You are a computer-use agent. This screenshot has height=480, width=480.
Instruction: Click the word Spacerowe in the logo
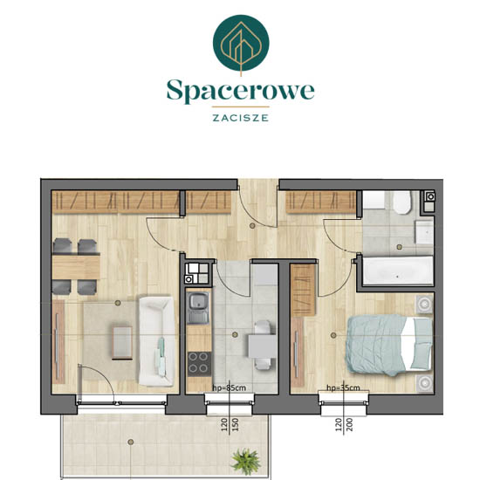click(x=240, y=91)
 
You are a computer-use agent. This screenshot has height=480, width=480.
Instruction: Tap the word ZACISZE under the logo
click(x=241, y=118)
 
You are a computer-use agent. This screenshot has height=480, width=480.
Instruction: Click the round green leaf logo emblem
click(x=241, y=43)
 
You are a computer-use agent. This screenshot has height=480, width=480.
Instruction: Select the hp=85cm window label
click(x=230, y=387)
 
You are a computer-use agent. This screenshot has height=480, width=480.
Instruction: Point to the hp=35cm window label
click(x=343, y=387)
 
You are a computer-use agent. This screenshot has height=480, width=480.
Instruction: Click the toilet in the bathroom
click(x=402, y=202)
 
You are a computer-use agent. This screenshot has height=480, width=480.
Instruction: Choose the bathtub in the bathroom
click(x=397, y=271)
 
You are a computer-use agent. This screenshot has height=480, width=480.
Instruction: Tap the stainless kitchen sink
click(x=198, y=307)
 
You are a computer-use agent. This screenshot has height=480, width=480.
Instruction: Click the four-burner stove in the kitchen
click(x=199, y=364)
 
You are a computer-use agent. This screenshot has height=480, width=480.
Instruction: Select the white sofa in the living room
click(x=157, y=340)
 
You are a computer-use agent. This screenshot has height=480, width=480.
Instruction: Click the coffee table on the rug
click(x=122, y=343)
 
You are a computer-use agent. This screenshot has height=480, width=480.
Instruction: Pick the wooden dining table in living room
click(x=76, y=267)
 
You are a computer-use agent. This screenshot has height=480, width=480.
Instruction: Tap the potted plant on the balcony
click(x=245, y=462)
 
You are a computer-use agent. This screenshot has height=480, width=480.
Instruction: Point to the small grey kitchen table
click(x=262, y=346)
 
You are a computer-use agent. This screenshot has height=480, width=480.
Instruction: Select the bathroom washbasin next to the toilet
click(x=424, y=232)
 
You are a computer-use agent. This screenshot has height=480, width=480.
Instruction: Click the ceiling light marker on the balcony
click(x=131, y=442)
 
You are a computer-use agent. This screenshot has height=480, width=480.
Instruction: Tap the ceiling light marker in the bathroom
click(x=399, y=247)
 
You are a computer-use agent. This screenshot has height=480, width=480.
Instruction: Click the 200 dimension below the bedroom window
click(x=350, y=425)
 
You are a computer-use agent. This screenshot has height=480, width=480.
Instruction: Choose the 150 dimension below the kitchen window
click(x=235, y=425)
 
